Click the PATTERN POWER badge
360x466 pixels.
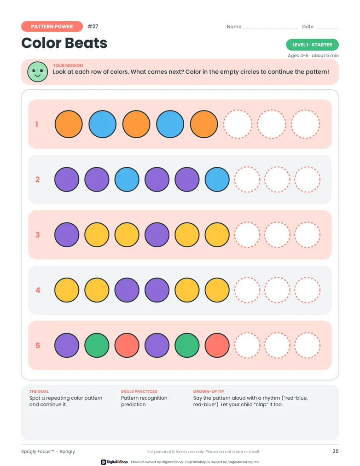[x=52, y=26]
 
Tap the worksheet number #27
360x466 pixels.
[x=93, y=26]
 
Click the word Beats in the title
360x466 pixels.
[x=86, y=43]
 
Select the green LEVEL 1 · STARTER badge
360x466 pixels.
[x=312, y=45]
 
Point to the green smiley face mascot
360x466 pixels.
[x=37, y=72]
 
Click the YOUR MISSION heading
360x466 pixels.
[x=68, y=65]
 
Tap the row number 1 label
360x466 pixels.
[x=37, y=124]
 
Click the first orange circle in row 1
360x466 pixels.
[x=69, y=124]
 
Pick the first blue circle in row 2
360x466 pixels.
[x=127, y=180]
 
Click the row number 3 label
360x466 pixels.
[x=37, y=235]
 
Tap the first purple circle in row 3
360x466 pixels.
[x=67, y=235]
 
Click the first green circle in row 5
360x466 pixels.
[x=97, y=345]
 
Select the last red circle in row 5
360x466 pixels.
[x=217, y=345]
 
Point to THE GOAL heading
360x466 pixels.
[x=39, y=391]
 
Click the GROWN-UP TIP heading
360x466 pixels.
[x=209, y=391]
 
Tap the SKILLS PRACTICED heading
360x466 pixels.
[x=139, y=391]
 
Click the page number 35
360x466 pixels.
[x=336, y=451]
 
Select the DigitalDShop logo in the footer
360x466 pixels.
[x=114, y=462]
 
